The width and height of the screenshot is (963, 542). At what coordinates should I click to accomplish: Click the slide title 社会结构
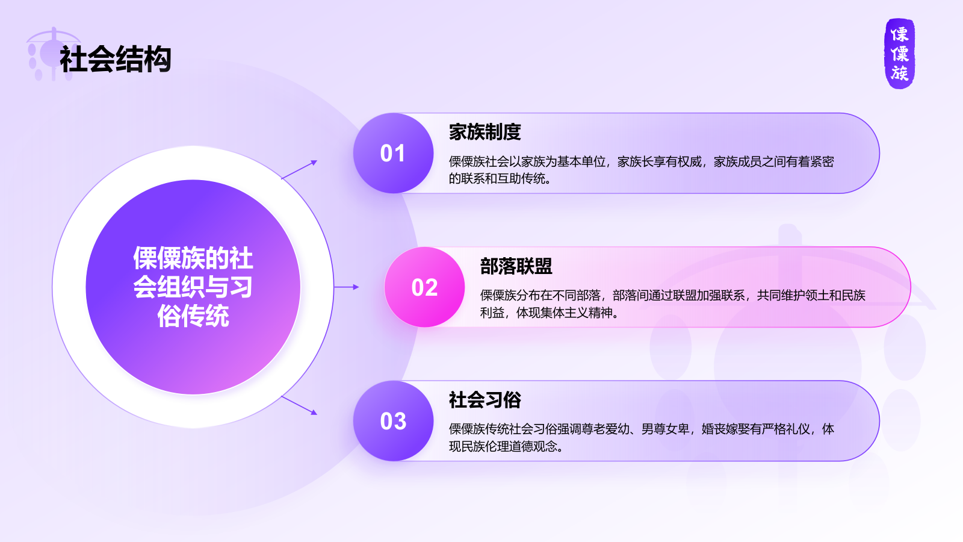point(116,60)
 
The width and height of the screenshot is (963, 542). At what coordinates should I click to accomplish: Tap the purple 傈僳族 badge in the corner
point(899,54)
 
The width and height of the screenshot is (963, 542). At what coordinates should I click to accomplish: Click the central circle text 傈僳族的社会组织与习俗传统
point(193,287)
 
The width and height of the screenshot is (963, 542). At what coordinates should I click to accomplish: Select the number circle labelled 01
point(393,153)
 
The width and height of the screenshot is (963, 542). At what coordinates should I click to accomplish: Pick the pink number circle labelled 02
point(424,287)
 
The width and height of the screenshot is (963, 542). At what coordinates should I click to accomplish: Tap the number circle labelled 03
point(393,421)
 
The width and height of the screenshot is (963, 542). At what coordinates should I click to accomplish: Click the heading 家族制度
point(485,132)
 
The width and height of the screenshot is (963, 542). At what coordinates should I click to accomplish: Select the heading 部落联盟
point(516,266)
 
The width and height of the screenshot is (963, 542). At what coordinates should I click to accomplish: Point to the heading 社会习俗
point(485,400)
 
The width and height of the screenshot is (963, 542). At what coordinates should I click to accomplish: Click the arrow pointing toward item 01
point(299,170)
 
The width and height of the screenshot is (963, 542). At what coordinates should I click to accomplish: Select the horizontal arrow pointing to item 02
point(347,287)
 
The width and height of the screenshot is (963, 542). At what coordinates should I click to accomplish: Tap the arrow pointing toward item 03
point(299,405)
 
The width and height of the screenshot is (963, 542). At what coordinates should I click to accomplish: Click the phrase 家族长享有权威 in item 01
point(659,161)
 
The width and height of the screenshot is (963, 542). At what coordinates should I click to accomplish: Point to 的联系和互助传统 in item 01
point(497,179)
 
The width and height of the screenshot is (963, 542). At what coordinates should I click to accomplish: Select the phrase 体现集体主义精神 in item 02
point(564,313)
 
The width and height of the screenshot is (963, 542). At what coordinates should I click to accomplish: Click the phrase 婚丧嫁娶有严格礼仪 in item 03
point(755,429)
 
